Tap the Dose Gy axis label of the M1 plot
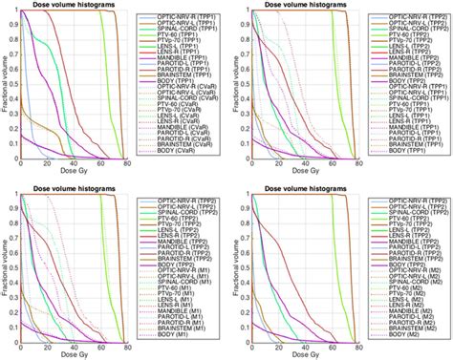click(73, 355)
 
